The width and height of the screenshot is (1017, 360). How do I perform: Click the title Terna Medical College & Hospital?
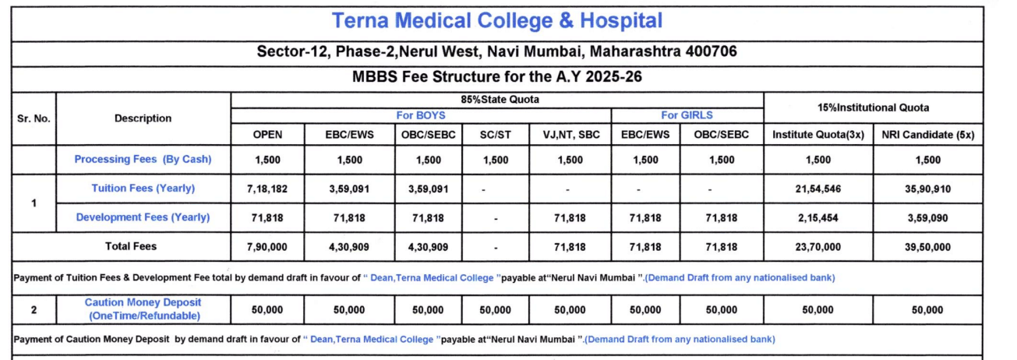496,21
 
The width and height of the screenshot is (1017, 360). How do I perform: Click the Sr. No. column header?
34,118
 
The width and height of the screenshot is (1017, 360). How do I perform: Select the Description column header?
143,118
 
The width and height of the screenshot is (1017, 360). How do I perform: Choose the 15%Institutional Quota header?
873,108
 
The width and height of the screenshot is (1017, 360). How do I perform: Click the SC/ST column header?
496,135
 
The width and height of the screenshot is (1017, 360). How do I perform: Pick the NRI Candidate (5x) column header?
927,135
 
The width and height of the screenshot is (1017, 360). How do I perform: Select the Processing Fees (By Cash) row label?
143,159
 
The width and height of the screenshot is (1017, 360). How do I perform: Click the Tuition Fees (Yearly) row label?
143,189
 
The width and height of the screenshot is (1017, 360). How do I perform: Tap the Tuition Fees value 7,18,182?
267,189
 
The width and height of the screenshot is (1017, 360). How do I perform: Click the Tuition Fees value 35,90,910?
927,189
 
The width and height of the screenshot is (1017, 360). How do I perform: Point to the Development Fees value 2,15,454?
818,218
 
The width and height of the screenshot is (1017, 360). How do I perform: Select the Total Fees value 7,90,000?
267,247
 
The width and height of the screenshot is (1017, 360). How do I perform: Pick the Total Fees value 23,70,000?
818,247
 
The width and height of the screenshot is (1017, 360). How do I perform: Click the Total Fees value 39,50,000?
927,247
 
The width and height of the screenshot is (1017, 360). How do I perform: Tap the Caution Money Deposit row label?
143,309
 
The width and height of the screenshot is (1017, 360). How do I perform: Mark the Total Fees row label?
131,246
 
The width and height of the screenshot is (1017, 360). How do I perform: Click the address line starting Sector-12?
496,52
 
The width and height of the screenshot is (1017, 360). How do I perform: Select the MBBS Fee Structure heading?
496,77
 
